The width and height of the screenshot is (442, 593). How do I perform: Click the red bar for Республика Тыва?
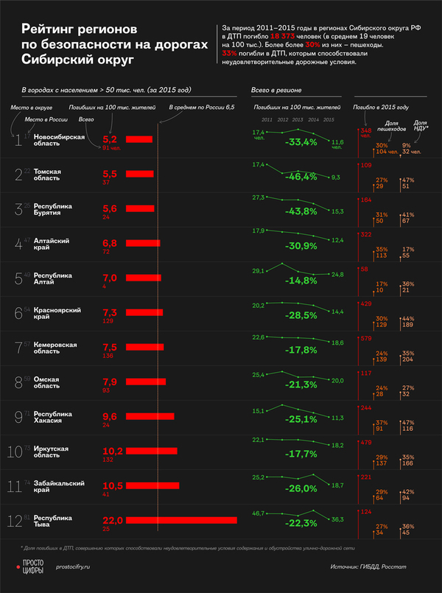click(181, 520)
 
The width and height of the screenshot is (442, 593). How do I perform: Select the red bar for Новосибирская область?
click(139, 138)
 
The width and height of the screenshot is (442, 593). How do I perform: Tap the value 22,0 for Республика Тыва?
click(112, 520)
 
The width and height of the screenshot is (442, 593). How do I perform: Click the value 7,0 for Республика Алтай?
click(110, 277)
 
